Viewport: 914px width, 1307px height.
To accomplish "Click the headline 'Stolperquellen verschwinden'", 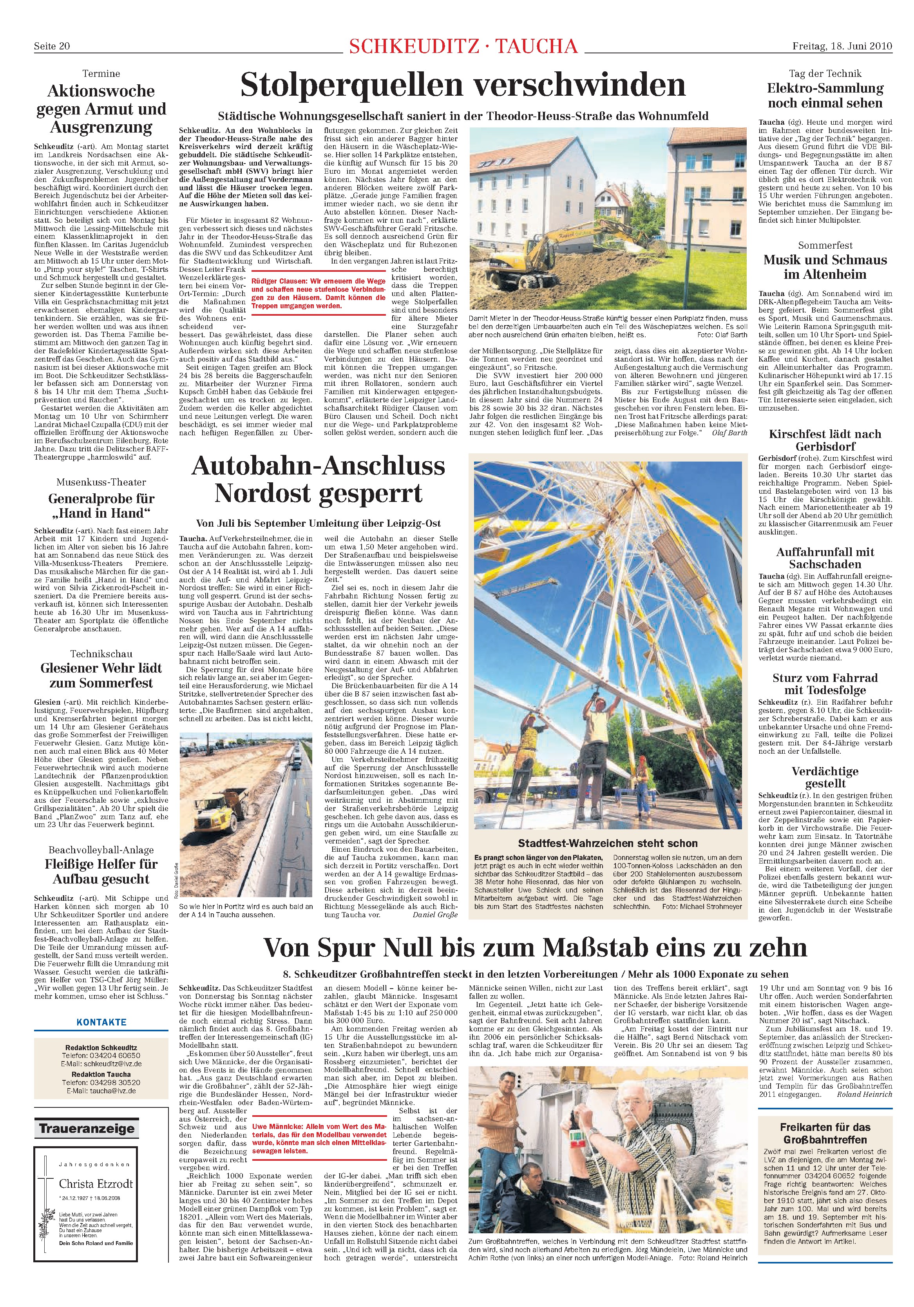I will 463,85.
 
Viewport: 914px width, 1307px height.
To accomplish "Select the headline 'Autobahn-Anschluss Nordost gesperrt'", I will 318,479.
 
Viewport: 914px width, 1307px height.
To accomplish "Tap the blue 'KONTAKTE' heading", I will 101,1022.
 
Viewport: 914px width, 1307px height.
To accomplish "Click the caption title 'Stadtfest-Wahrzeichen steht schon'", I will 607,843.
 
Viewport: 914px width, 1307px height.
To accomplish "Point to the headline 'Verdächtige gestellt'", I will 825,777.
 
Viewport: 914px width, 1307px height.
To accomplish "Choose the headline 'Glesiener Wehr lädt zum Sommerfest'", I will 101,675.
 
